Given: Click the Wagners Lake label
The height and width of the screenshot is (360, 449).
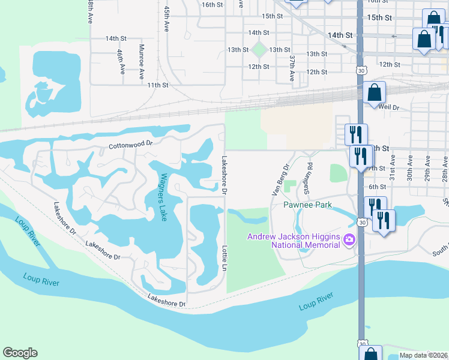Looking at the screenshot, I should (x=163, y=197).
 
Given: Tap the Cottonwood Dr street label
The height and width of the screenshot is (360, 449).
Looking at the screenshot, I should (x=131, y=145).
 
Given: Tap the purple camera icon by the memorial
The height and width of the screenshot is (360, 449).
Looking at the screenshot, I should (x=349, y=241).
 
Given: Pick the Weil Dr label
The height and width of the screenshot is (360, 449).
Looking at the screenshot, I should (x=388, y=107).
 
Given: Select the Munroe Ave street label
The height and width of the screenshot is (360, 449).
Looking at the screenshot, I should (x=142, y=61).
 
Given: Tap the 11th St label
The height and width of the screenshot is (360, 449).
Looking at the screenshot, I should (x=158, y=85).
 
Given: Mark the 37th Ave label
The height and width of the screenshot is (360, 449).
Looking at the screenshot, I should (x=292, y=68).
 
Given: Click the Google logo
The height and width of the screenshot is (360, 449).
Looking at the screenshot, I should (x=20, y=353).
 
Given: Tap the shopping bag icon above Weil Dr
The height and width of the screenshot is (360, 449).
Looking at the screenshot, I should (x=375, y=92).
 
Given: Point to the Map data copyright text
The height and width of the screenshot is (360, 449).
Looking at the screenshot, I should (x=423, y=355).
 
